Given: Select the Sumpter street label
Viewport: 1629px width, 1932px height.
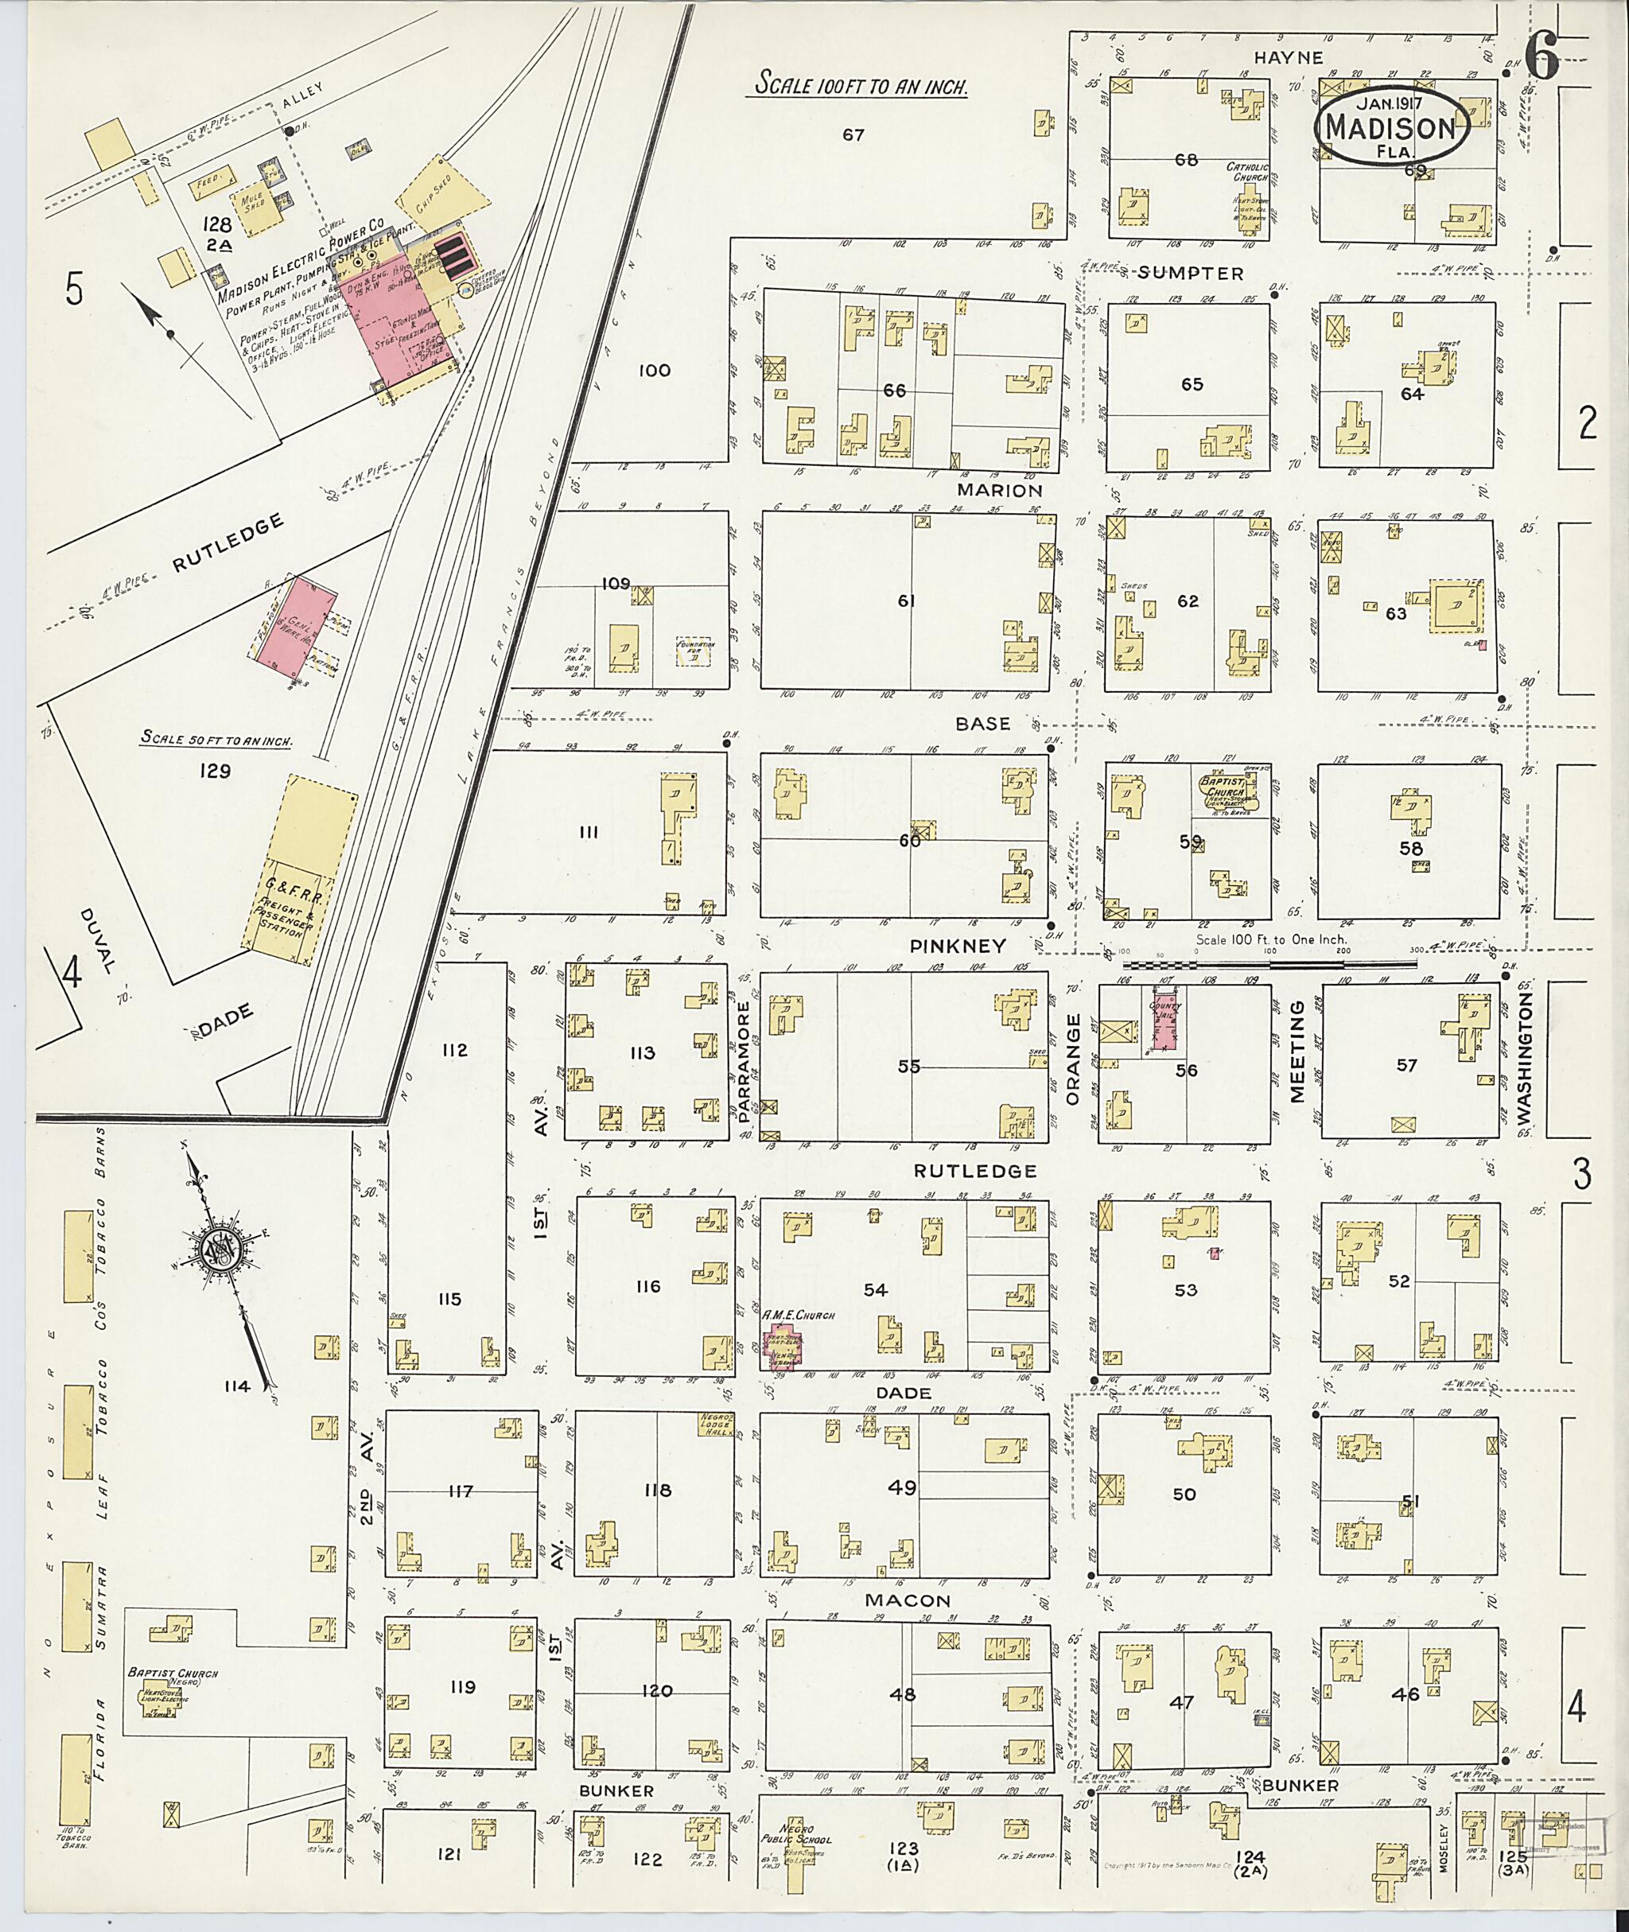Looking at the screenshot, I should tap(1191, 274).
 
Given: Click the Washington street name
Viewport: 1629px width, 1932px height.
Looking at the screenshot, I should tap(1524, 1062).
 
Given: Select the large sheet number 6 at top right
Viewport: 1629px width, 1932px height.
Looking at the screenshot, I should tap(1543, 59).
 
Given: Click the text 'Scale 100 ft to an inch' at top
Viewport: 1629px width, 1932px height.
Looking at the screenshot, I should tap(861, 86).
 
